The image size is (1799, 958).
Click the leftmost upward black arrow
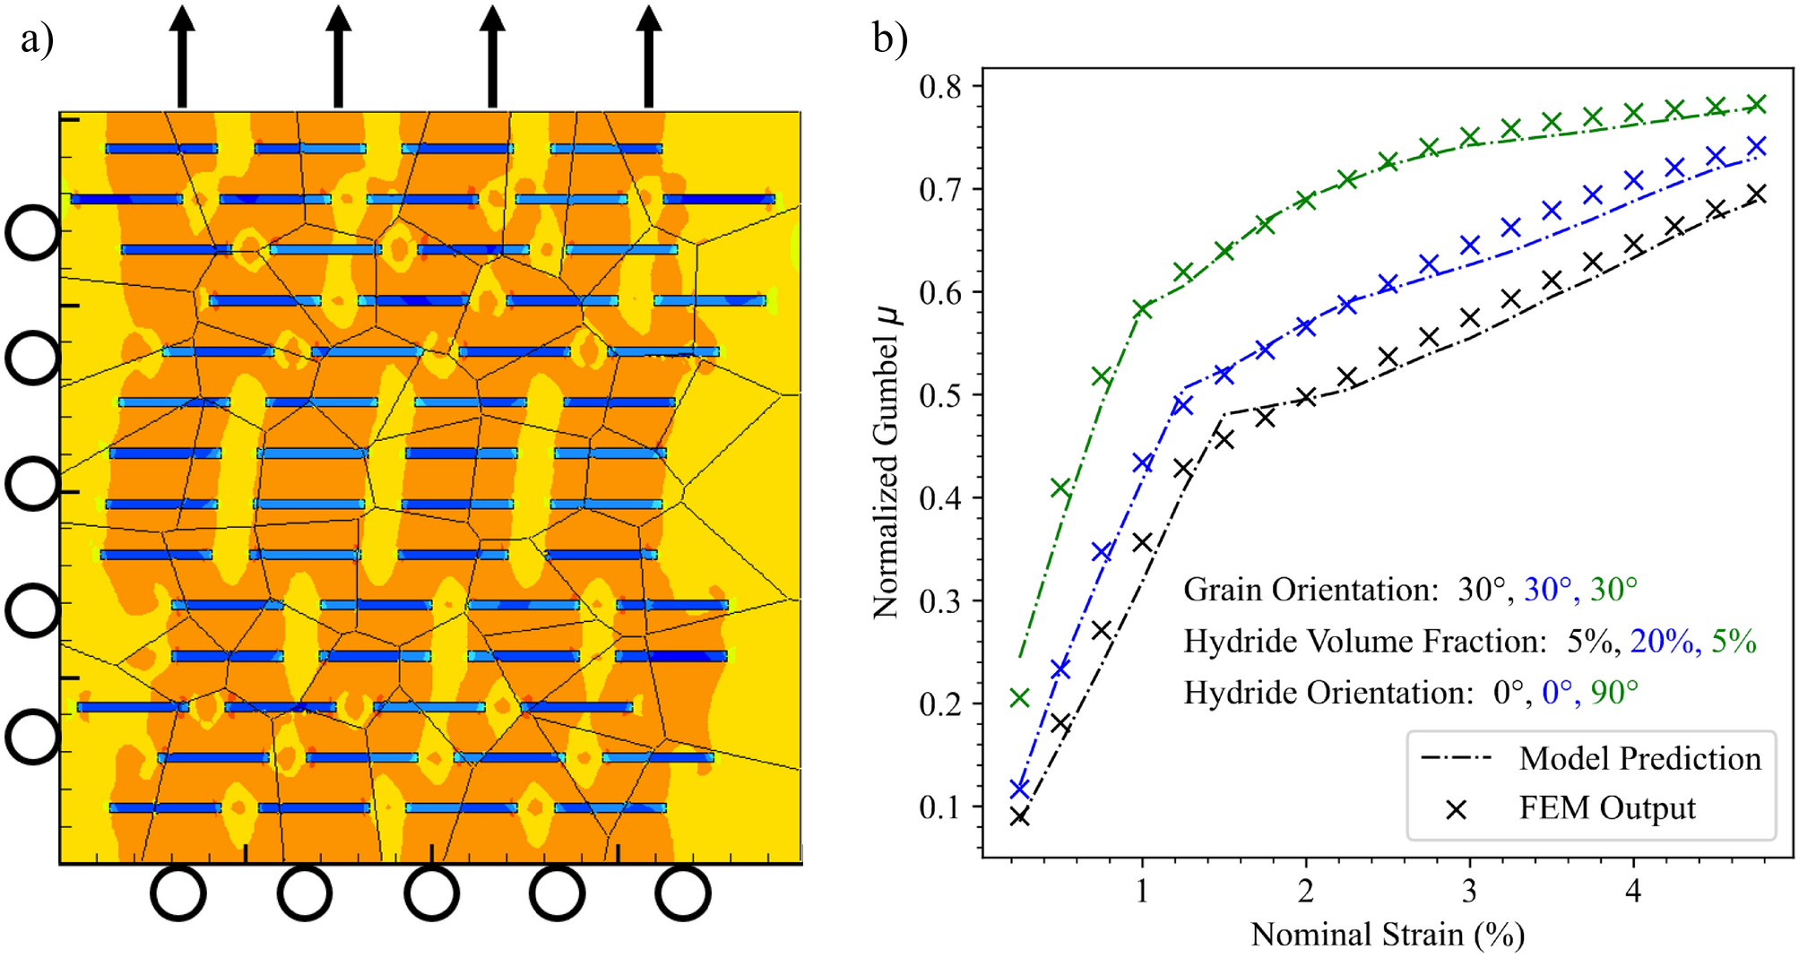click(x=182, y=56)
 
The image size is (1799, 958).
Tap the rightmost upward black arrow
click(x=649, y=56)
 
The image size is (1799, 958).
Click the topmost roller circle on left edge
click(x=33, y=233)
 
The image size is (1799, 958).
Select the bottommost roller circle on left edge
click(x=33, y=737)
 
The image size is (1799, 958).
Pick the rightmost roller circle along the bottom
click(x=683, y=893)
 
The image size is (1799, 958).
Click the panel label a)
click(x=37, y=39)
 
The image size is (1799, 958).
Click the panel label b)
click(x=890, y=39)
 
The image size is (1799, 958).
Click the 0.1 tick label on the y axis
click(x=939, y=807)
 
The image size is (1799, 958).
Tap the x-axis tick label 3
click(x=1469, y=892)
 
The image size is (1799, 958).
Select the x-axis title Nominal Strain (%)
click(x=1387, y=934)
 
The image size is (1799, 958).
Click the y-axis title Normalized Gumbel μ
click(x=886, y=461)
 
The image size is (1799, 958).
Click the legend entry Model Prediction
click(x=1639, y=758)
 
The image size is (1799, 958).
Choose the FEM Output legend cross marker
click(x=1457, y=809)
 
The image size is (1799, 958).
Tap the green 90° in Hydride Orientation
click(x=1614, y=692)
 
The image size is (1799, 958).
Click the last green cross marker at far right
click(x=1757, y=105)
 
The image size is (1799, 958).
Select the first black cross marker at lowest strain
click(x=1019, y=816)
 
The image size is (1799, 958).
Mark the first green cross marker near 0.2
click(x=1019, y=697)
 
